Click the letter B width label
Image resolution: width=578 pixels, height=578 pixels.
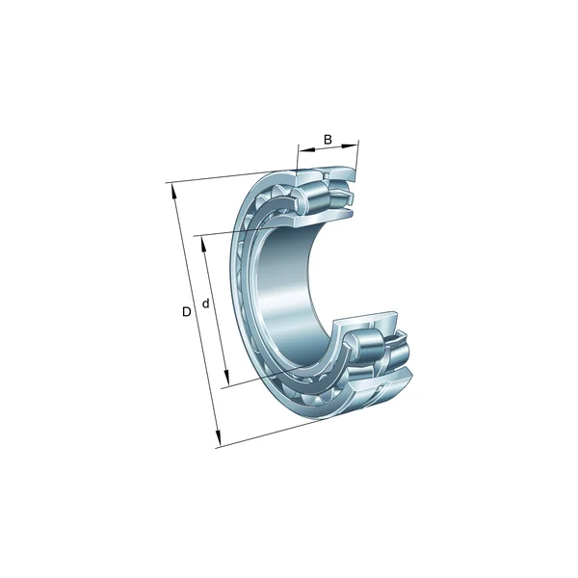tap(328, 140)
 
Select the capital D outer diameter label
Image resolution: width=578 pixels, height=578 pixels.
tap(187, 311)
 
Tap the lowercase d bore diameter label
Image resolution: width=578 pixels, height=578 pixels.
tap(205, 305)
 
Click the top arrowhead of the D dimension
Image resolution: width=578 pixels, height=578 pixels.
tap(173, 188)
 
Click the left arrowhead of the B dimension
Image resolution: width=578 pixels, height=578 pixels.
tap(301, 151)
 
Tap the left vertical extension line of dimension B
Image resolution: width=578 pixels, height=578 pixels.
tap(297, 164)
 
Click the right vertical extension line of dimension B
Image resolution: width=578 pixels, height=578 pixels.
tap(358, 159)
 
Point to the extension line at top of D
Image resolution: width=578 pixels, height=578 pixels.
tap(222, 177)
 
